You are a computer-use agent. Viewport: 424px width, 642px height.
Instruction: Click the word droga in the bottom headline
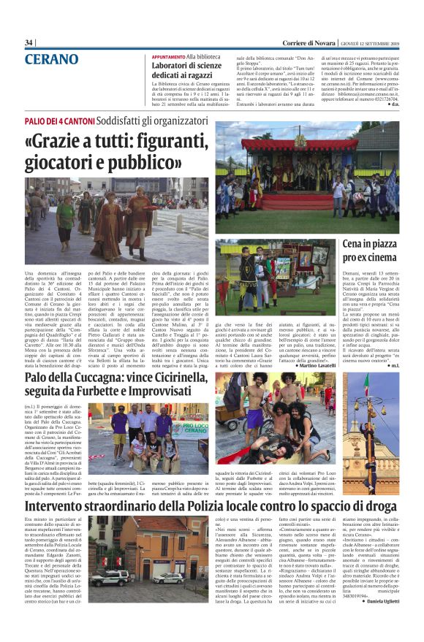[379, 503]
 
